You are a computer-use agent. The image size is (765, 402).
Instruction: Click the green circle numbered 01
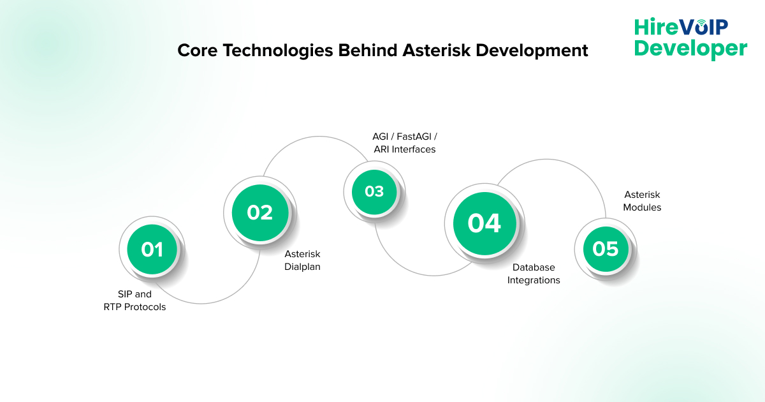pos(152,249)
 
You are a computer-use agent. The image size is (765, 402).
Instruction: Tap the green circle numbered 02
pos(260,212)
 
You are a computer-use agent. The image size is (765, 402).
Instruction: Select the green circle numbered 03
pos(374,191)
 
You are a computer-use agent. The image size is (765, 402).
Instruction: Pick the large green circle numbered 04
pos(484,223)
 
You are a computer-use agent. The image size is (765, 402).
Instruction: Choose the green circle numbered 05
pos(606,248)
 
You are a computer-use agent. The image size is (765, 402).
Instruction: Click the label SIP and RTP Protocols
pos(135,301)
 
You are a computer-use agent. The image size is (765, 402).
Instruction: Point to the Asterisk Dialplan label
pos(302,260)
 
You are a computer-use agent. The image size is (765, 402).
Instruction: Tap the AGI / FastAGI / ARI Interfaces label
pos(404,142)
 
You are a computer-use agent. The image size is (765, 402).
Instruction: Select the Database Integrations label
pos(534,274)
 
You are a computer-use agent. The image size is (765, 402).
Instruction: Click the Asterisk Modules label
pos(642,200)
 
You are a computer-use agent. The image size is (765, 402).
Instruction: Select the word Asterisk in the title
pos(432,50)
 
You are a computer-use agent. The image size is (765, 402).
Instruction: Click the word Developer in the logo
pos(690,48)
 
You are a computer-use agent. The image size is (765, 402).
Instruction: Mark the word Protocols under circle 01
pos(144,307)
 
